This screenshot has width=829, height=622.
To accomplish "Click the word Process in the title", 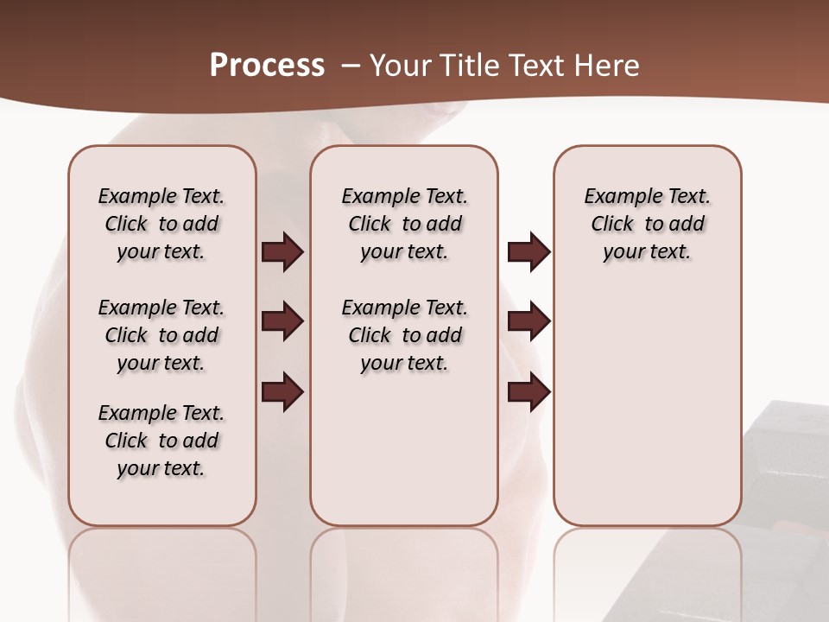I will tap(267, 66).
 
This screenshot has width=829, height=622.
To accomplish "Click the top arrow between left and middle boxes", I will tap(282, 251).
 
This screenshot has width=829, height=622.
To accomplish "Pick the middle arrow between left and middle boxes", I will tap(282, 321).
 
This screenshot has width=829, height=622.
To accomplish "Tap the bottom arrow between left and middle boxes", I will tap(282, 392).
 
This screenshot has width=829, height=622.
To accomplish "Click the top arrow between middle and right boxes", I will tap(528, 251).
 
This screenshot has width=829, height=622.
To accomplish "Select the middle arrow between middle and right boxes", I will tap(528, 321).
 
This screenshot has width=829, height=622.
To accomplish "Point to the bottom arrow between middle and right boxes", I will tap(528, 392).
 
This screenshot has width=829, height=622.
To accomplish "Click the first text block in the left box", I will tap(161, 224).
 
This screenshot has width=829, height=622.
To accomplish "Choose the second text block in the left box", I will tap(161, 335).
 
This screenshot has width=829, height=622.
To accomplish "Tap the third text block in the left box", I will tap(161, 441).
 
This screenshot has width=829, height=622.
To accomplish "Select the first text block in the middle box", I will tap(405, 224).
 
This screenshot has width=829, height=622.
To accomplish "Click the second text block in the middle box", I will tap(405, 335).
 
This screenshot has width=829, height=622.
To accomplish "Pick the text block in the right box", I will tap(648, 224).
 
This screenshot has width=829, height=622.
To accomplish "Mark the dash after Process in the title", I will tap(351, 66).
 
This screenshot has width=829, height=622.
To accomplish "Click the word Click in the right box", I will tap(612, 224).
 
